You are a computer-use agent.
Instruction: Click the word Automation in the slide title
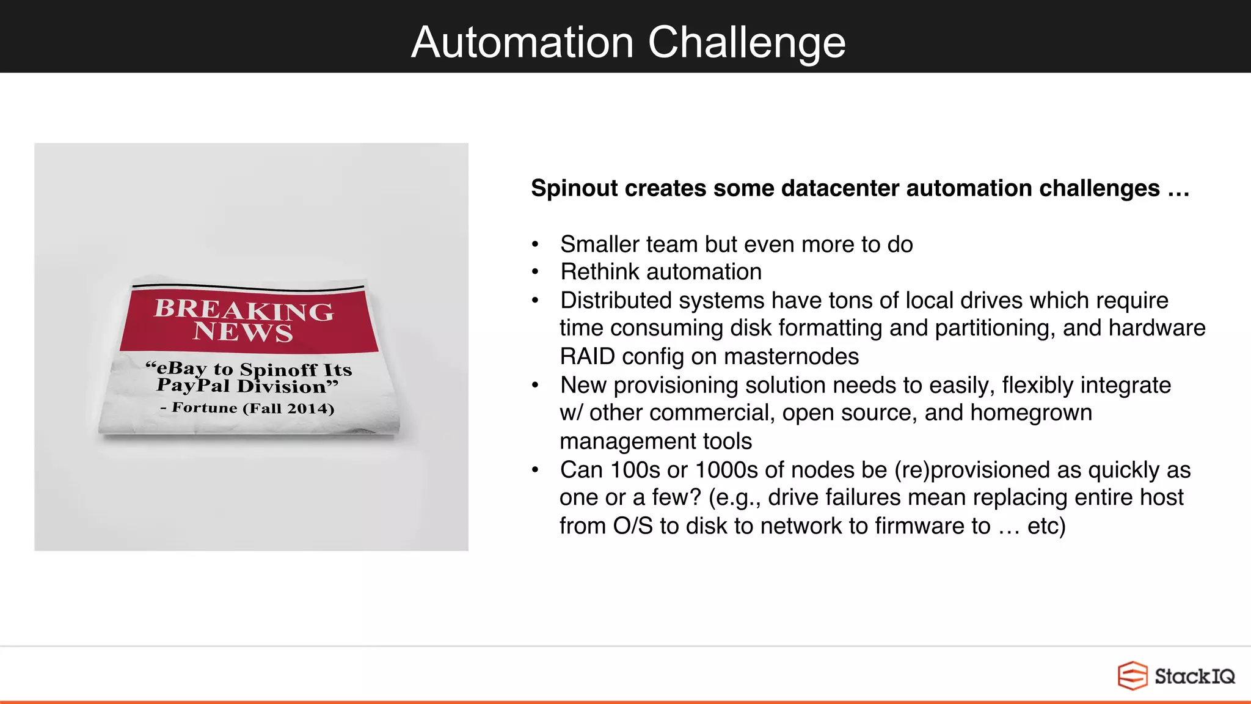click(x=522, y=42)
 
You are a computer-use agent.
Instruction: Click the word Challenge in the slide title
click(x=746, y=42)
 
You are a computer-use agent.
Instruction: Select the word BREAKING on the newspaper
click(x=244, y=309)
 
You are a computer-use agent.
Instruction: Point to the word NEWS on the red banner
click(x=243, y=332)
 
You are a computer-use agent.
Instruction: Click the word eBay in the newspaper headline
click(x=181, y=368)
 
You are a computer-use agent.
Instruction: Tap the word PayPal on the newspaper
click(x=193, y=385)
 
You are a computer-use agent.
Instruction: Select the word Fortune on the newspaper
click(x=204, y=407)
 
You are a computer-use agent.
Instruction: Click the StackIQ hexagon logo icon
click(x=1132, y=676)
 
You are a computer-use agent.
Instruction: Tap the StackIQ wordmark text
click(x=1194, y=676)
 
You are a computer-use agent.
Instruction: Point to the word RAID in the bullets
click(x=582, y=356)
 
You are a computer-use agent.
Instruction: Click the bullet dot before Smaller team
click(x=535, y=244)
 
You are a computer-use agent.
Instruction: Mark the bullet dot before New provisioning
click(x=535, y=386)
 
